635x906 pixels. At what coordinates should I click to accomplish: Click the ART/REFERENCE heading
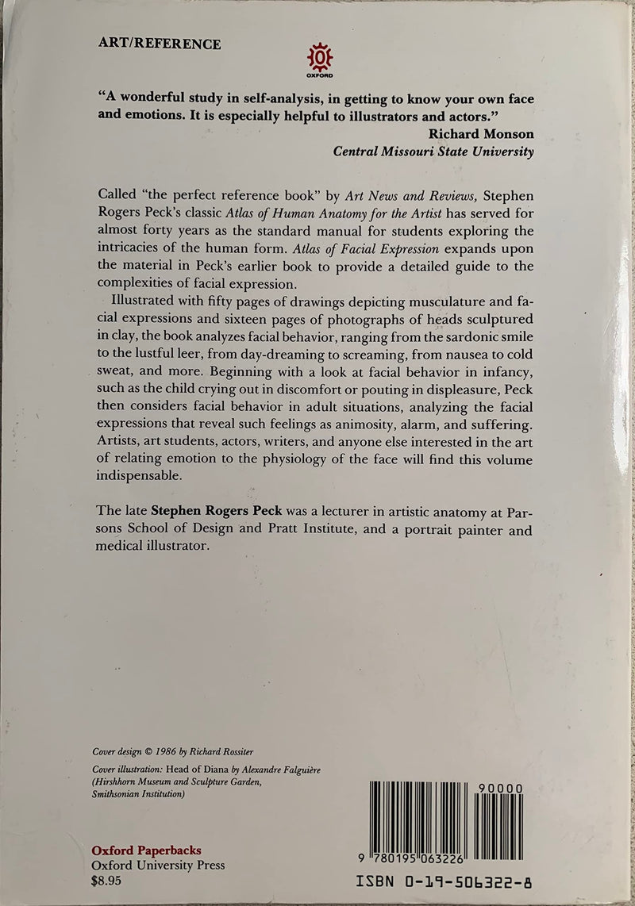click(x=159, y=44)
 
